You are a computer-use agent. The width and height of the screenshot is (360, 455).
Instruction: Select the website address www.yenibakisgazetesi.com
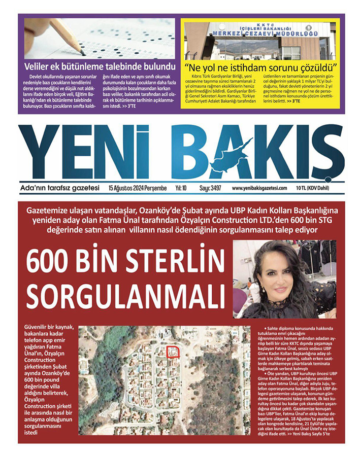[259, 188]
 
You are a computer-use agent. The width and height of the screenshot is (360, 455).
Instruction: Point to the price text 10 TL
[303, 188]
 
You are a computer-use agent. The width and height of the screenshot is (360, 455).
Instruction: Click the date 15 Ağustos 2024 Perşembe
[138, 188]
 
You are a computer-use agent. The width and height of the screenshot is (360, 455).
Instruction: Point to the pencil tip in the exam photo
[82, 52]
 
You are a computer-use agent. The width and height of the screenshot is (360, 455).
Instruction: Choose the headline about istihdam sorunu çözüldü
[261, 67]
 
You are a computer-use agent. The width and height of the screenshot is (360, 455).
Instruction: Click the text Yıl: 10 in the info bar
[181, 188]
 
